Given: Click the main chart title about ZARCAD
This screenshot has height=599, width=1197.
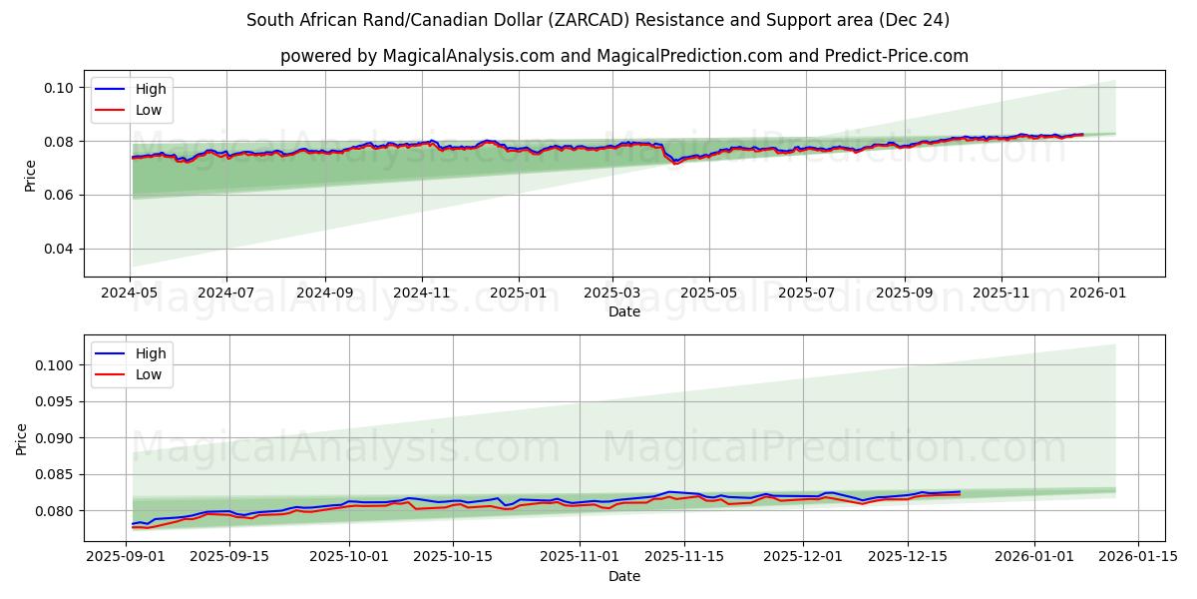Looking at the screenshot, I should pos(598,20).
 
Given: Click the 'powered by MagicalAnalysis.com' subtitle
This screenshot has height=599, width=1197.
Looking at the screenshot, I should pos(623,56).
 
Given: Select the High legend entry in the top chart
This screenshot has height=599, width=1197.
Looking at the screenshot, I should pos(151,89).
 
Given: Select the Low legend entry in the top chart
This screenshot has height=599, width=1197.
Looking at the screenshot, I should pos(149,111).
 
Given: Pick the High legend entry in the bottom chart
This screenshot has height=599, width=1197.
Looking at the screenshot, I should pos(151,353).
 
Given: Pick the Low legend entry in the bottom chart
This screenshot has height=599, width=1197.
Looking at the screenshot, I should pos(149,375).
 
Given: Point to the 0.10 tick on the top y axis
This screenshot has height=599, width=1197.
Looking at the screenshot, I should pos(59,88).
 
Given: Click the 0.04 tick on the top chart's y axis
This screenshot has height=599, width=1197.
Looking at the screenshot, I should pos(59,249).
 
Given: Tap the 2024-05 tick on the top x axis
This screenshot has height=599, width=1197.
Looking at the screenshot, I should pos(130,295).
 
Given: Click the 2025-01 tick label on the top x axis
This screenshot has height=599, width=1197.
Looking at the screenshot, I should pos(519,295).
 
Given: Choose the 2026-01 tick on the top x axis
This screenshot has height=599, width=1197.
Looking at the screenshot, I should pos(1098,295).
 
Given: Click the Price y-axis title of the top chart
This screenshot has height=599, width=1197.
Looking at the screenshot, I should pos(30,176).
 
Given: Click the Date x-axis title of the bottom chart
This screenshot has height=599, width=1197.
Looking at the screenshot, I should pos(623,576).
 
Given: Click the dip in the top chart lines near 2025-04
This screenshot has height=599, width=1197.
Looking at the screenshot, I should pos(676,162).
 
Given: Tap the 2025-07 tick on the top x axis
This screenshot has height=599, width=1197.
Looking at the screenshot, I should pos(806,295).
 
